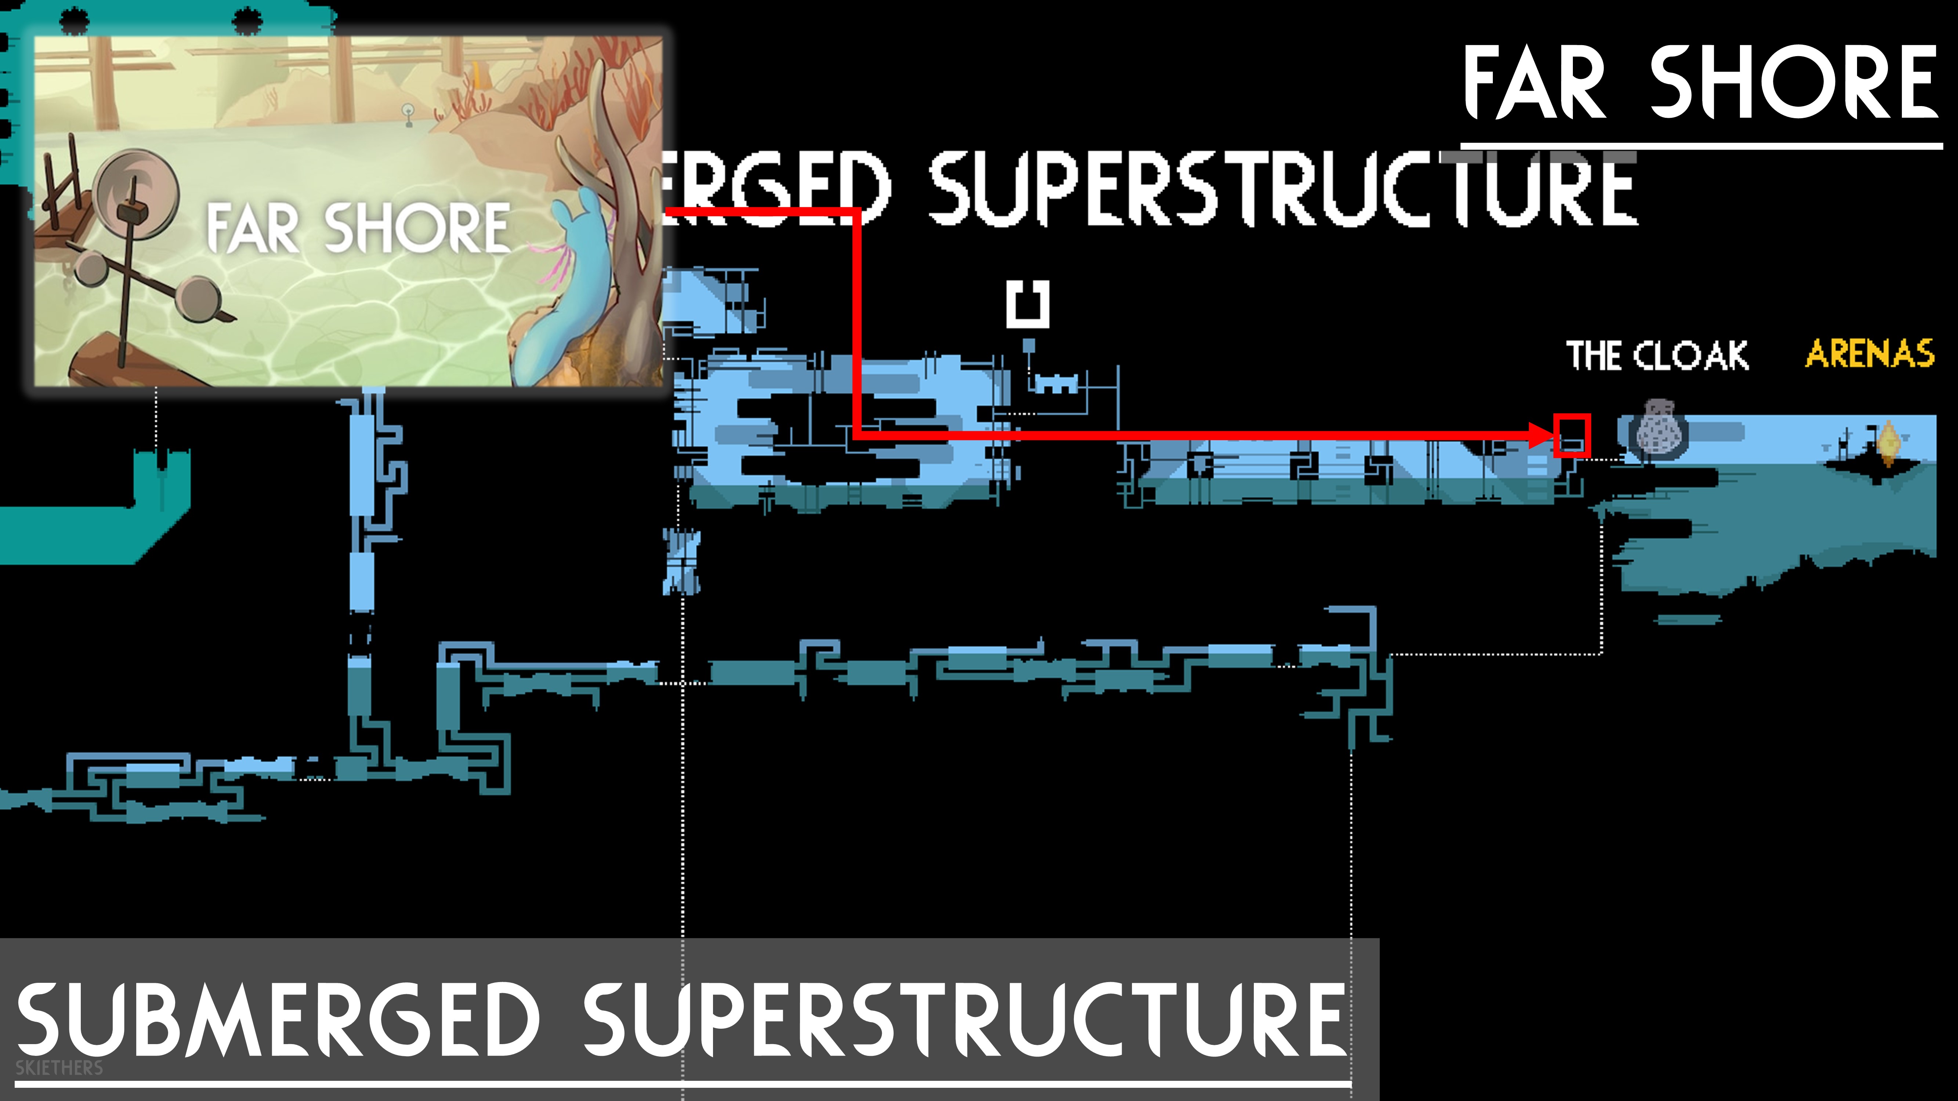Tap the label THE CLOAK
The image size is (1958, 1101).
[1657, 356]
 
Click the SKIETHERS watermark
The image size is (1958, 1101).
[59, 1068]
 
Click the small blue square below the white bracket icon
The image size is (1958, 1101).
[1028, 346]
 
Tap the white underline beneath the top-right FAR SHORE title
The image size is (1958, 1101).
[1701, 144]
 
